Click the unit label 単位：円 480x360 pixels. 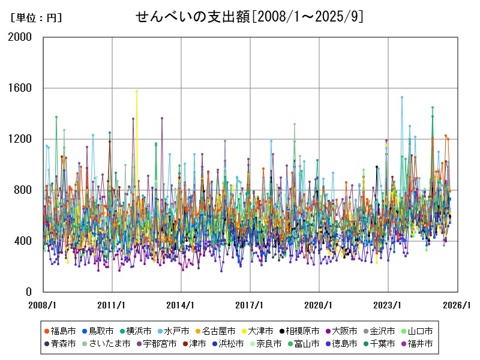point(36,18)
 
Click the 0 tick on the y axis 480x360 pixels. point(29,292)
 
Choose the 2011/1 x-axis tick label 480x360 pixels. point(112,305)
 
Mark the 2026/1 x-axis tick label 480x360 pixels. point(457,305)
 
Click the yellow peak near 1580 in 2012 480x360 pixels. point(137,91)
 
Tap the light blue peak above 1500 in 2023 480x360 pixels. point(402,97)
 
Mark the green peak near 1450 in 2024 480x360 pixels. point(432,107)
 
